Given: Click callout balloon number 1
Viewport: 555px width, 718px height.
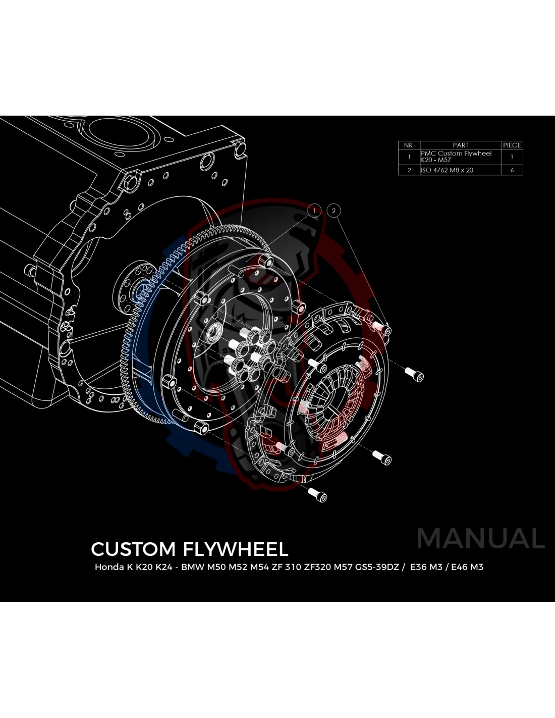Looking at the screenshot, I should tap(314, 210).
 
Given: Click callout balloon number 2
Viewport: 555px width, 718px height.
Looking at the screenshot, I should tap(334, 211).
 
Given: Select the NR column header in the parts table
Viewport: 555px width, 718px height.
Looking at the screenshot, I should tap(409, 145).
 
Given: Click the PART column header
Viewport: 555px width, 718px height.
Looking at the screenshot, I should tap(460, 145).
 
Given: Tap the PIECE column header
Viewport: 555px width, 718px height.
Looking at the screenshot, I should tap(512, 145).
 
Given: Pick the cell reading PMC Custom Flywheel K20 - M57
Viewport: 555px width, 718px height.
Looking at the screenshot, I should tap(456, 157).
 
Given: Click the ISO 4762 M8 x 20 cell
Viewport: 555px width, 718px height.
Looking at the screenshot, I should tap(448, 170).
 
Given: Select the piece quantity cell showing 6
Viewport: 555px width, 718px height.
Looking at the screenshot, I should tap(512, 170).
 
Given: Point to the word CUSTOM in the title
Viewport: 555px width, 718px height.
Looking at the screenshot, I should tap(133, 549).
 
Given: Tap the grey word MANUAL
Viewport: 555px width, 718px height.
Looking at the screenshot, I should tap(481, 539).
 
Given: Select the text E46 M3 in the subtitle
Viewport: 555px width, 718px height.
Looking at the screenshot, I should tap(467, 567).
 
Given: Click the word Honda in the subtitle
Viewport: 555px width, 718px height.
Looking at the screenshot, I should tap(109, 567).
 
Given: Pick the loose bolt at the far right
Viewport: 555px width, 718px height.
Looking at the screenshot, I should tap(415, 374).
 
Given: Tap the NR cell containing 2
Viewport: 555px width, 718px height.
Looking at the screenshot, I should tap(409, 170).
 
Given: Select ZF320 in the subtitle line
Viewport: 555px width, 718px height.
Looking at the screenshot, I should tap(317, 567).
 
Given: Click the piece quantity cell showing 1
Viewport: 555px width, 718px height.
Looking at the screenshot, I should tap(512, 157).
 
